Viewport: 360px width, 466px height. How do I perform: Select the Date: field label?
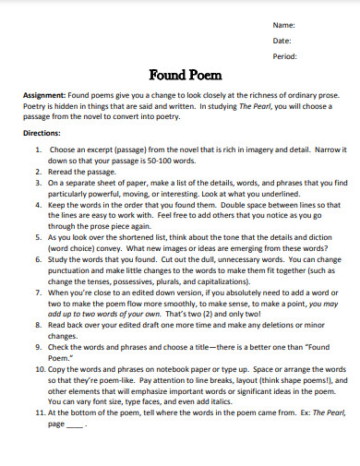282,40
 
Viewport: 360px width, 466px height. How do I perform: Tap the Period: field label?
285,56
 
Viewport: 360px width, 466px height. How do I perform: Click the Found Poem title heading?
180,75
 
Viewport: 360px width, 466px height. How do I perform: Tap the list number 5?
38,237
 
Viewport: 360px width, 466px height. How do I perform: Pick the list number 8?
38,326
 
